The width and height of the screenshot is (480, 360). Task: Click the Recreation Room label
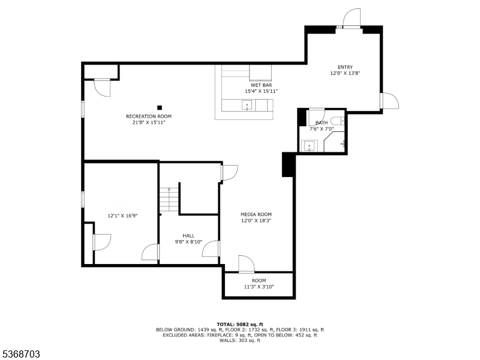tap(149, 116)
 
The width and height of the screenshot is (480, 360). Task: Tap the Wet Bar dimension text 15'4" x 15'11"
tap(261, 91)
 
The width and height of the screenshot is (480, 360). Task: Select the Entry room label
tap(345, 67)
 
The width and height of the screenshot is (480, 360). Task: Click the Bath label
tap(322, 122)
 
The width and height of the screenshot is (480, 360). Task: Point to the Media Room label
tap(256, 214)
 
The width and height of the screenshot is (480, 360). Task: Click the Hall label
tap(188, 236)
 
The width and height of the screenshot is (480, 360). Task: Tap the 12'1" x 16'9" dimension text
tap(123, 215)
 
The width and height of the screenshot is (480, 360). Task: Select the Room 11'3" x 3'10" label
tap(259, 280)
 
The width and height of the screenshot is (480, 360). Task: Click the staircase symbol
tap(169, 200)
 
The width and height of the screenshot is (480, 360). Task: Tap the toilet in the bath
tap(337, 121)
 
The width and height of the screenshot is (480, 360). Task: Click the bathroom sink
tap(310, 145)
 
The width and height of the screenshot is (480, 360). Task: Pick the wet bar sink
tap(247, 106)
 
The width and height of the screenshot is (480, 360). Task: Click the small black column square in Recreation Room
tap(160, 107)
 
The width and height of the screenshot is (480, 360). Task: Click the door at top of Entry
tap(351, 19)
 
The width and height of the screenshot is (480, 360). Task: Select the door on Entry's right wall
tap(389, 101)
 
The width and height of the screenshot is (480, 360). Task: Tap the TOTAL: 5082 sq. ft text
tap(239, 324)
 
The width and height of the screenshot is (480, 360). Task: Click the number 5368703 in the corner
tap(21, 354)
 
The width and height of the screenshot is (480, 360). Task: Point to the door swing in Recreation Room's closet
tap(103, 88)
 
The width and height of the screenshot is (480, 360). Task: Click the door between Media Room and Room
tap(246, 264)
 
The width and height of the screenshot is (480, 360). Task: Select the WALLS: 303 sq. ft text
tap(239, 341)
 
